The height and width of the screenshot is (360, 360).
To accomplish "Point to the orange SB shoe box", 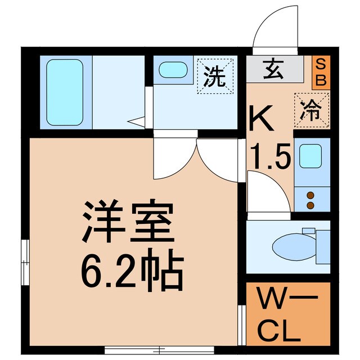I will [x=321, y=71].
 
